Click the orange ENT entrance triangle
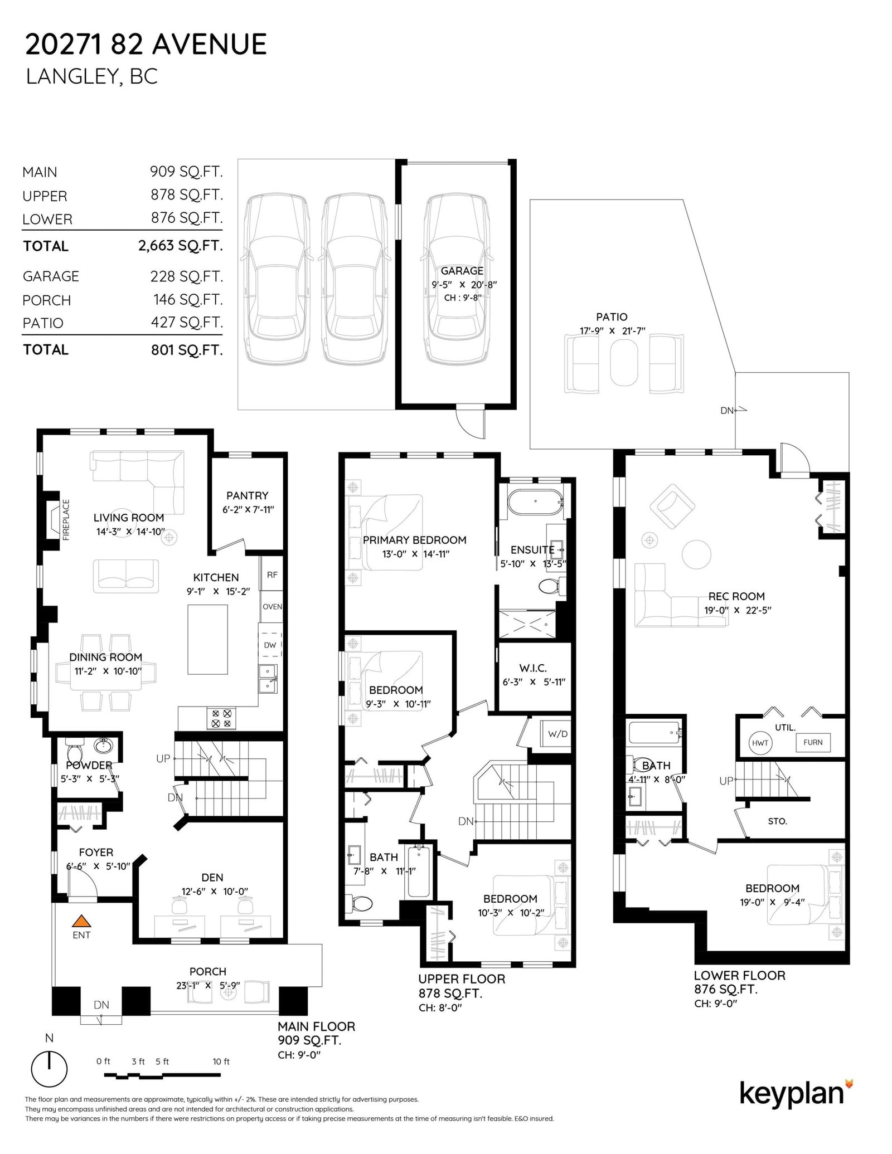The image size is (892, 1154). point(82,920)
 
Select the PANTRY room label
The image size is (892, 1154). point(247,495)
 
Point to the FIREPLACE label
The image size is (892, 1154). point(66,520)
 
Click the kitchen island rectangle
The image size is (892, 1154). point(208,639)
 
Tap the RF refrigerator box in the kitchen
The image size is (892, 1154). point(272,574)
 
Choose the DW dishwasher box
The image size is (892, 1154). point(270,645)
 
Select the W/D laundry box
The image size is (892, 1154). point(557,734)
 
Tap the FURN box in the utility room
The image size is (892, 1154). point(813,742)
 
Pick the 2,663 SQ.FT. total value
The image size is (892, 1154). point(180,245)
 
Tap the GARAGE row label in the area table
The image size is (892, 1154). point(51,276)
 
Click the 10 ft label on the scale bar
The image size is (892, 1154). point(221,1062)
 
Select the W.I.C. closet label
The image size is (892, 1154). point(533,668)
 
